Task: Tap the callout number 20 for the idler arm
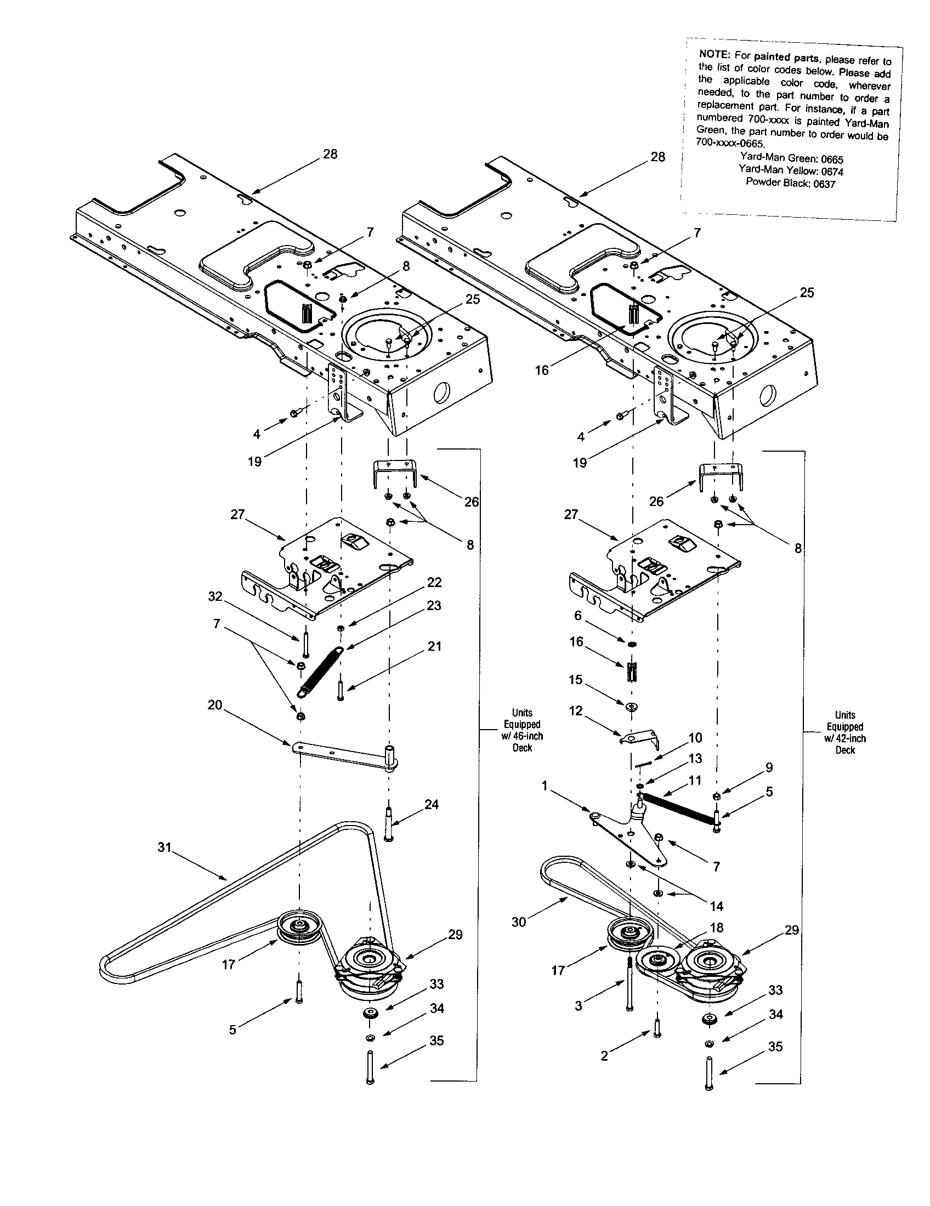tap(214, 705)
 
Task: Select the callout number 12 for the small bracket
tap(575, 710)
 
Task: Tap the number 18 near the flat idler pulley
tap(717, 928)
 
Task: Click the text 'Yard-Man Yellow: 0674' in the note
tap(791, 170)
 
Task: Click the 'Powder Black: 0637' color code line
tap(790, 183)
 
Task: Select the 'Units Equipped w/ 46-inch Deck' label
tap(522, 730)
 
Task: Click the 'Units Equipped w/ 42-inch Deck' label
tap(845, 732)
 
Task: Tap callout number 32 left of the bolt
tap(215, 596)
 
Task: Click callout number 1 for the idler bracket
tap(545, 786)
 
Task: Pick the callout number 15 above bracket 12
tap(575, 679)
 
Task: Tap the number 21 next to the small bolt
tap(435, 646)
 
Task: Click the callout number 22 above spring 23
tap(434, 583)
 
